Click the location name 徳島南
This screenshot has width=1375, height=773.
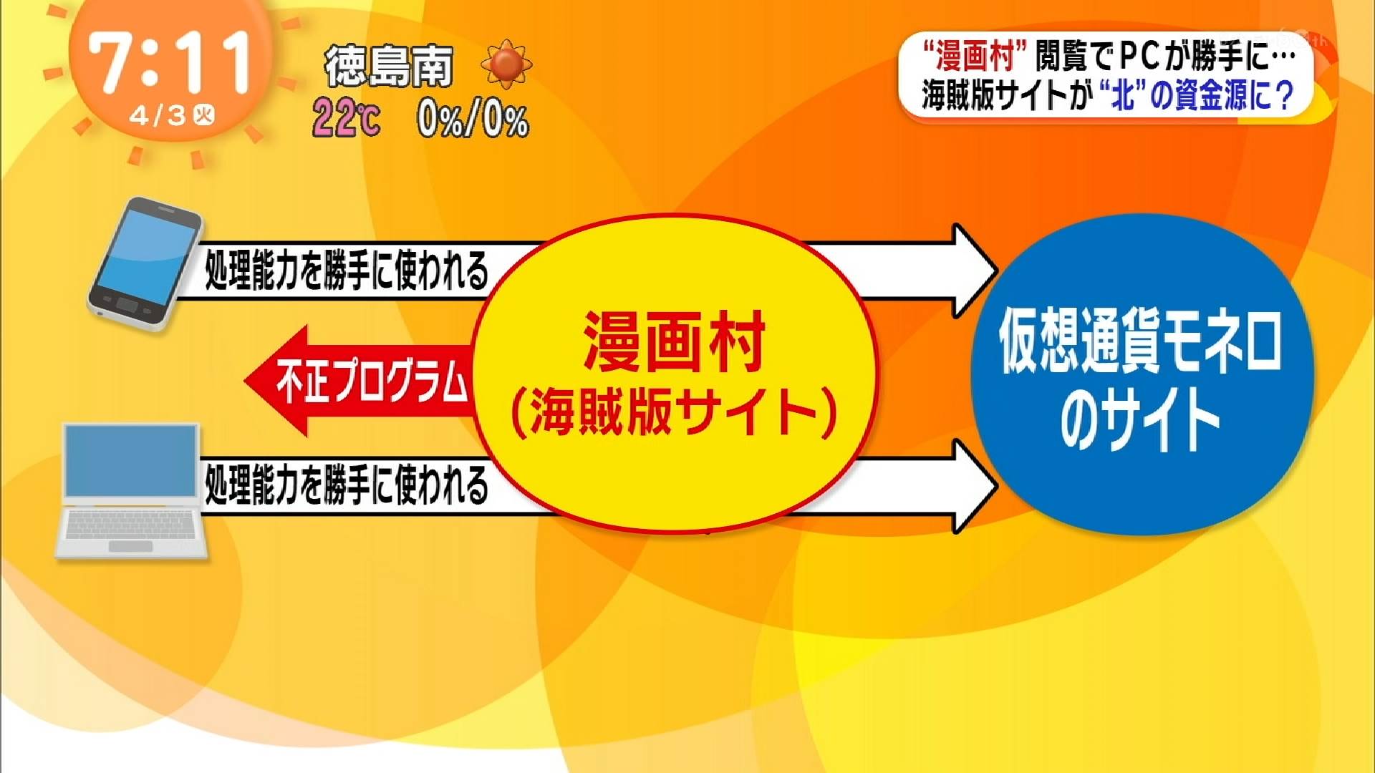(389, 67)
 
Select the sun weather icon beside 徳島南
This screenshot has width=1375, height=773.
(506, 64)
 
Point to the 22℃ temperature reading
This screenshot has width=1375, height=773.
(347, 118)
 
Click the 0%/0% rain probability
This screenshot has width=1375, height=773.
(473, 120)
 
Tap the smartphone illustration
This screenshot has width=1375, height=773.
(145, 263)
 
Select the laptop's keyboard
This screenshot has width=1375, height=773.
(131, 525)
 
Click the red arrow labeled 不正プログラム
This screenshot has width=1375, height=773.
(358, 381)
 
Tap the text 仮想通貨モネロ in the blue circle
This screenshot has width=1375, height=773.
(1140, 342)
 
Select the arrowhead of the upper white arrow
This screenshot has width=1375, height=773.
(974, 271)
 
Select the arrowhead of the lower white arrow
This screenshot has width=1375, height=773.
(974, 485)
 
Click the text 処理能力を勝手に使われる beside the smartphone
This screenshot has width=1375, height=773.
(347, 271)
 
